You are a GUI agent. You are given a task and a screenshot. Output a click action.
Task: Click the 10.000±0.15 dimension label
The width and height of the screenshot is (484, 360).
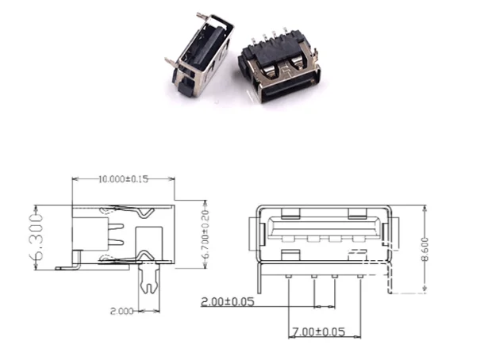point(123,179)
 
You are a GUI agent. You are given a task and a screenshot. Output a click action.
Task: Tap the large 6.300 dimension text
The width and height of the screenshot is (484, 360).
point(36,237)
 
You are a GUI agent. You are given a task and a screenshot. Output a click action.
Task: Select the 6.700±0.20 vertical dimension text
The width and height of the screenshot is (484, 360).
point(206,234)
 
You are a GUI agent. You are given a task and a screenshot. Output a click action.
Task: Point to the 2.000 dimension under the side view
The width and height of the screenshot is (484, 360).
point(122,311)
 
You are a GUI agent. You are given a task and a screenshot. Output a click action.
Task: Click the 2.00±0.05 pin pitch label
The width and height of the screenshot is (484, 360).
point(228,301)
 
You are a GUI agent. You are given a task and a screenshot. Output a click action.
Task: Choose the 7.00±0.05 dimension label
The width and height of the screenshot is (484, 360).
point(318,332)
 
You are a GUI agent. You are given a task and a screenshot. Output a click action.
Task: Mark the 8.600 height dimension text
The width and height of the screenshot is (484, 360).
point(425,249)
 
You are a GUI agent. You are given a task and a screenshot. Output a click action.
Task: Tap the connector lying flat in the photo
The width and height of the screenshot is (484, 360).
point(279,67)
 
